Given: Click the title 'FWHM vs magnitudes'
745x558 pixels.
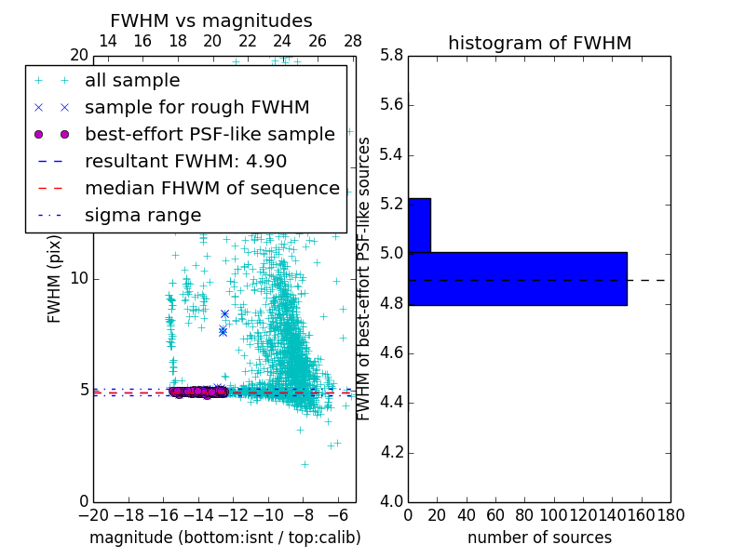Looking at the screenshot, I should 211,20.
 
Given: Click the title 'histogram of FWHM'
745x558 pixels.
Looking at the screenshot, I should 539,43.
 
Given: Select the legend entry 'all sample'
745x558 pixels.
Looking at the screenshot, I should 132,81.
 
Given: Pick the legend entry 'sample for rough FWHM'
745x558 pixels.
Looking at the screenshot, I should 196,107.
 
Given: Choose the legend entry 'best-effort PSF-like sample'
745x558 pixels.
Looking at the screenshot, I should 210,134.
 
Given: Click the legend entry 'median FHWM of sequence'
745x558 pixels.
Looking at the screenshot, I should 211,188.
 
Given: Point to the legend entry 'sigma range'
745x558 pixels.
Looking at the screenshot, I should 142,215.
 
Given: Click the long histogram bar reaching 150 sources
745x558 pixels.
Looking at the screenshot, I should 518,278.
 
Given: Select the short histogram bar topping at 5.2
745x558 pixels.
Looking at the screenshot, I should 419,225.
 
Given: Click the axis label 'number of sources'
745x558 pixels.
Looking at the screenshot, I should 539,538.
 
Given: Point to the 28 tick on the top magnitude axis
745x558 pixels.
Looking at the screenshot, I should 353,41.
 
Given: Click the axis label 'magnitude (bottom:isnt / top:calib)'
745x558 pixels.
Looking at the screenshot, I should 224,538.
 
